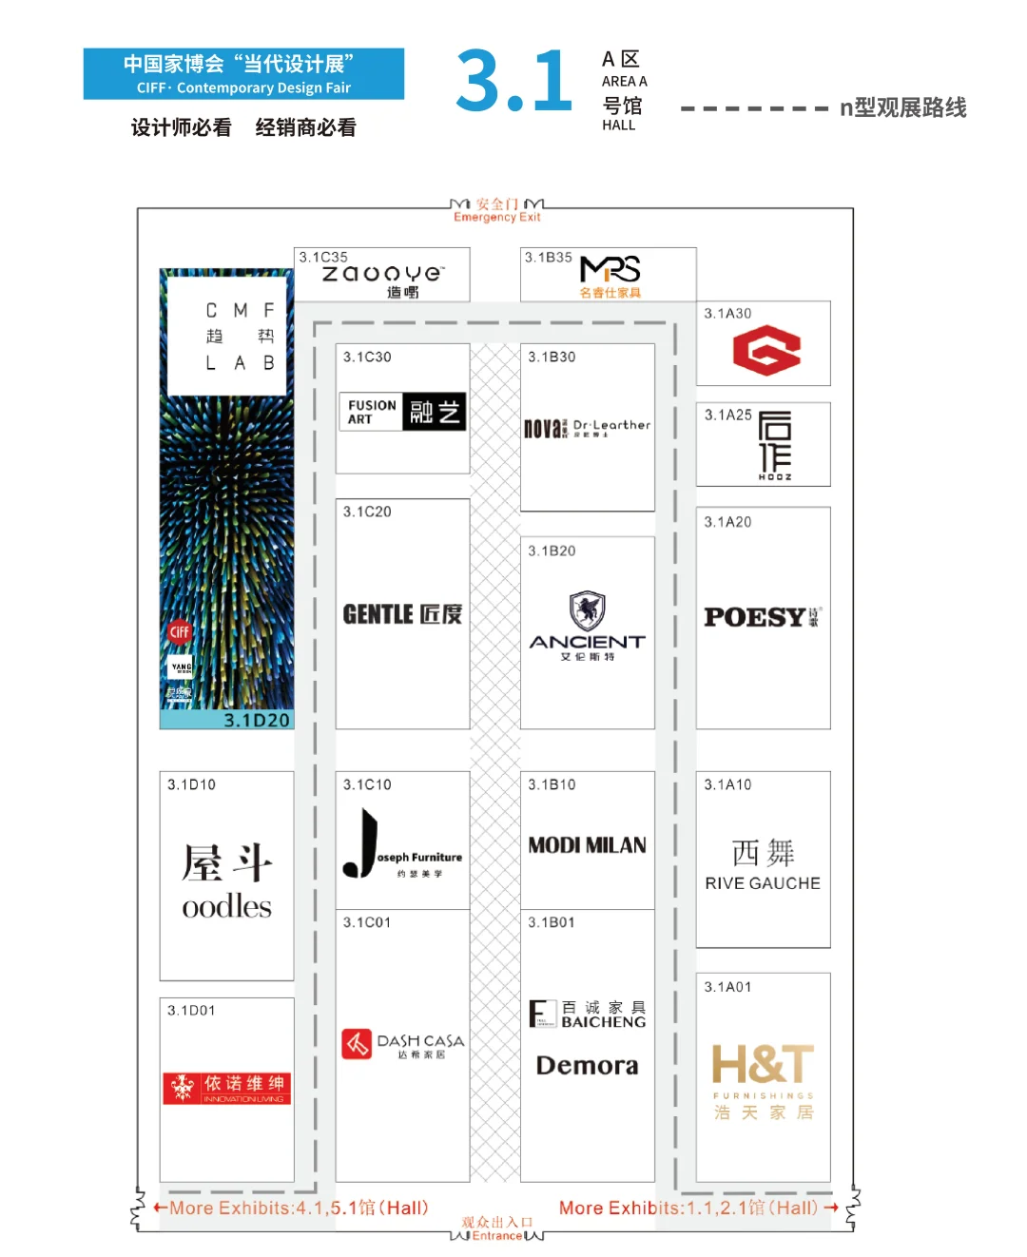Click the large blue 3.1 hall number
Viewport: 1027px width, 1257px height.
[x=513, y=83]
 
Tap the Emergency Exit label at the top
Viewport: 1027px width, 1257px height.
[x=496, y=217]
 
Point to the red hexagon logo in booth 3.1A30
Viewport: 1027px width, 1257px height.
[x=766, y=350]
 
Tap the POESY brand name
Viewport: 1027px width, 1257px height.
[x=756, y=617]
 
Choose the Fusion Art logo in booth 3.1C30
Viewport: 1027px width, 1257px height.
[x=402, y=412]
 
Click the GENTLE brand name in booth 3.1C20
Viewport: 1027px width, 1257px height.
[x=378, y=614]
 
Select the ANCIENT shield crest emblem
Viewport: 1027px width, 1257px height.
[x=587, y=610]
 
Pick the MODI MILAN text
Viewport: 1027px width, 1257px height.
[x=587, y=845]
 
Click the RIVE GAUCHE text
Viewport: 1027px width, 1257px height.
[x=763, y=883]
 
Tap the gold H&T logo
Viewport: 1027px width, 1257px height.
[x=763, y=1065]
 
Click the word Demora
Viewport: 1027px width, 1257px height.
[x=587, y=1066]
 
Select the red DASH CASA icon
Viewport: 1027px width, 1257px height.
[x=357, y=1044]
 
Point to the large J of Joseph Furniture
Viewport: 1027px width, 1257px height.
[x=361, y=843]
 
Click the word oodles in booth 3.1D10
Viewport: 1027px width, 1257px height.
[x=226, y=907]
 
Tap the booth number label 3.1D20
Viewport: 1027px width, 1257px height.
[x=257, y=721]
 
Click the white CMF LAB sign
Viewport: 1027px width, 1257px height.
[x=227, y=336]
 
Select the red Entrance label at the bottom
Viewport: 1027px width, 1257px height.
[x=496, y=1236]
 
